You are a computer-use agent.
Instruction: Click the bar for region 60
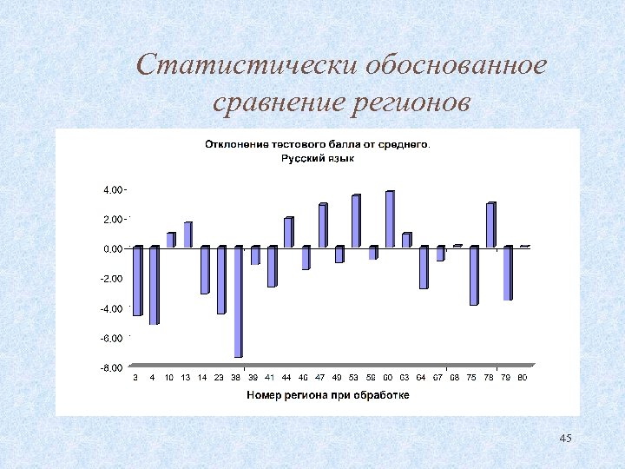(x=389, y=219)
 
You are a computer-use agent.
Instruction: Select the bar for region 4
(x=154, y=286)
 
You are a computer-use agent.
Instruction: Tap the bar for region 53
(x=355, y=221)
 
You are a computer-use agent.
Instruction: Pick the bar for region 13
(x=187, y=234)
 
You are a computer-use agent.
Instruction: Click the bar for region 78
(x=507, y=274)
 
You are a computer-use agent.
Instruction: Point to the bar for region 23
(x=221, y=280)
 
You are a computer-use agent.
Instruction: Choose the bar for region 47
(x=322, y=226)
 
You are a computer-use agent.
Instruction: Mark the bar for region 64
(x=423, y=268)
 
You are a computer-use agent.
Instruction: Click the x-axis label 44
(x=287, y=378)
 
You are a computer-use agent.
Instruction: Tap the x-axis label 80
(x=523, y=378)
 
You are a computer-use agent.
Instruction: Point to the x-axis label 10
(x=170, y=378)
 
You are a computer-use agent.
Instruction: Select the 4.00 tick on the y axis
(x=113, y=189)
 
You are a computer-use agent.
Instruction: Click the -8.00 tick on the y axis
(x=112, y=368)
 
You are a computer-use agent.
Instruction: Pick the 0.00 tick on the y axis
(x=113, y=249)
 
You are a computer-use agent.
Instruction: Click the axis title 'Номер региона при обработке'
(x=328, y=394)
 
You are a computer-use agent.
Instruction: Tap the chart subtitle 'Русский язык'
(x=317, y=159)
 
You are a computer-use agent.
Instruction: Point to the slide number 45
(x=566, y=438)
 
